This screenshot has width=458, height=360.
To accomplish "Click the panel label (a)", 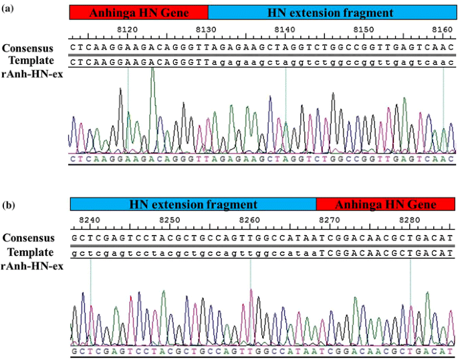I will pos(7,8).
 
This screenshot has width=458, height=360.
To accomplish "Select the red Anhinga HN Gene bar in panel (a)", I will pos(138,13).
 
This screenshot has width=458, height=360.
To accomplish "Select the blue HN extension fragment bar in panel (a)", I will pos(330,13).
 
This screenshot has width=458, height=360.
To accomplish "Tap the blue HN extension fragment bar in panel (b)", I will pos(193,204).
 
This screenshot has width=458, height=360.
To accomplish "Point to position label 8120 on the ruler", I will pos(127,29).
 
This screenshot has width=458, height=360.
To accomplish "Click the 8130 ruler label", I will pos(206,29).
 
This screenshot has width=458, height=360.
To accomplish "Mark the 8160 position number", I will pos(442,29).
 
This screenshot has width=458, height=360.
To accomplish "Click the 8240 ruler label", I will pos(90,220).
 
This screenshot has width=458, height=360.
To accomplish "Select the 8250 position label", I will pos(170,220).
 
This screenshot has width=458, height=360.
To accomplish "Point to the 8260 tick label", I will pos(249,220).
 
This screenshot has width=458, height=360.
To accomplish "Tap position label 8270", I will pos(329,220).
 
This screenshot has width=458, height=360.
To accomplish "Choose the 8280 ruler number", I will pos(409,220).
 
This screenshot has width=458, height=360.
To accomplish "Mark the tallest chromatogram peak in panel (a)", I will pos(152,69).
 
